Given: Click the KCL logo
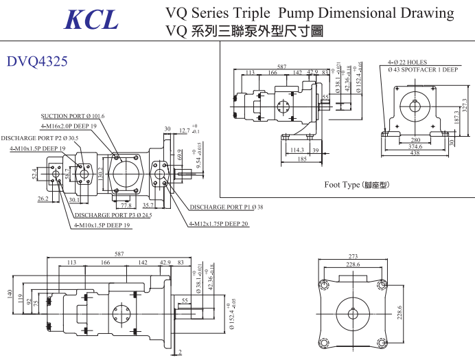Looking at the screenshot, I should click(91, 19).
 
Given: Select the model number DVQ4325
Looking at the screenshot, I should click(37, 61).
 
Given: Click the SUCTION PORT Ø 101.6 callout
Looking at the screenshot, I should click(73, 116).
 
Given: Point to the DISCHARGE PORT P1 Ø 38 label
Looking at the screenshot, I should click(227, 207).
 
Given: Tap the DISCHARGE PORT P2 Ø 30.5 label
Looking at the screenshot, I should click(40, 138).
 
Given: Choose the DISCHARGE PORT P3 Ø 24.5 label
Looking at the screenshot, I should click(113, 215).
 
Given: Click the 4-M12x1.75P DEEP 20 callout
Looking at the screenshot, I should click(218, 224).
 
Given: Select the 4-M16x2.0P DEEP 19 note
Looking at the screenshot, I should click(69, 126).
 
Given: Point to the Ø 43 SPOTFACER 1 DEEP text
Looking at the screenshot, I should click(423, 70).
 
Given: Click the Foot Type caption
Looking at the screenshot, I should click(356, 185).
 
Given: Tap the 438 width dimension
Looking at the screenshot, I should click(415, 153).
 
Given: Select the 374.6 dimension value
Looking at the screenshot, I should click(415, 146).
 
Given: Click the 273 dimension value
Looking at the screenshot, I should click(353, 257).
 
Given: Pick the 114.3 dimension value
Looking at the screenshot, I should click(297, 150).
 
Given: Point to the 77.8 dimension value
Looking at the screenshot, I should click(126, 205).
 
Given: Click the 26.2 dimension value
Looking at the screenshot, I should click(43, 199).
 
